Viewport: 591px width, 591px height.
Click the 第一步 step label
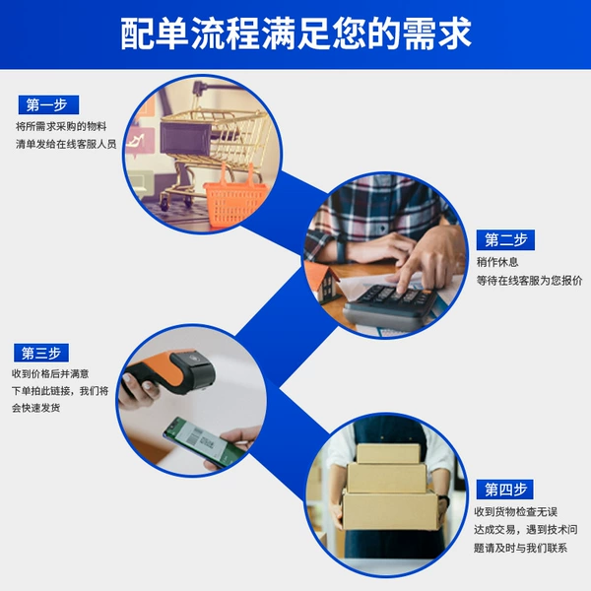point(48,104)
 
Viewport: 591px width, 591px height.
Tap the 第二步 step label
point(505,240)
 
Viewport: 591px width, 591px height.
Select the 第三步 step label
point(41,354)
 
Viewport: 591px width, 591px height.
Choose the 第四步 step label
point(504,490)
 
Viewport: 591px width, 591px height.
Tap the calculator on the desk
point(392,304)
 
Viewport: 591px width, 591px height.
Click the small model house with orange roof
point(321,281)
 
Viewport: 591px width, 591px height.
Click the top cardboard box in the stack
point(388,453)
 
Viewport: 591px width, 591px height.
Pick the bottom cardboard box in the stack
point(391,510)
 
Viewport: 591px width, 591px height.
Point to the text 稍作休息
point(497,262)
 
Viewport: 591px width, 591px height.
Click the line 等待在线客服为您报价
point(529,281)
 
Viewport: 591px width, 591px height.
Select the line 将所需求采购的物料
point(61,126)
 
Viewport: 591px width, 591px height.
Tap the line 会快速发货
point(35,408)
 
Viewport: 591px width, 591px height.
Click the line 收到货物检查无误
point(515,512)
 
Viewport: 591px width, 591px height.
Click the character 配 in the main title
point(136,33)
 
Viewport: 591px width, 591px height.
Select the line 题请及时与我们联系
point(520,548)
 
